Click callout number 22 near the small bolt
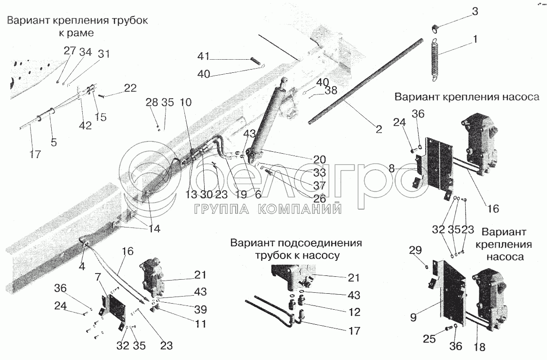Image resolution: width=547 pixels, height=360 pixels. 130,88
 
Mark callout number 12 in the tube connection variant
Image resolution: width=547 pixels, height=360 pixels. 354,312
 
